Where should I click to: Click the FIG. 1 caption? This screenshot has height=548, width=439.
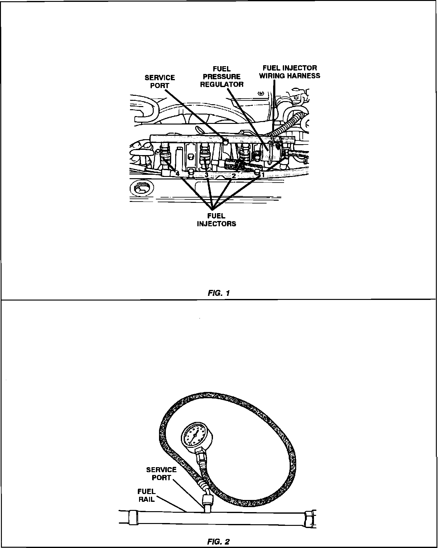click(x=219, y=293)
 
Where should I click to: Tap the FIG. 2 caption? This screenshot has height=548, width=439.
click(x=218, y=542)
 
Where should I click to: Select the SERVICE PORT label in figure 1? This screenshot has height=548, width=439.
click(x=160, y=81)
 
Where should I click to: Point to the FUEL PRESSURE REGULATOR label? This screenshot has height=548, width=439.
click(x=221, y=76)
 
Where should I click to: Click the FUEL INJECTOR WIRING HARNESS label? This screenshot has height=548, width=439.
click(x=289, y=72)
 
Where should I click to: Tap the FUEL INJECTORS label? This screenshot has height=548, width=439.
click(x=216, y=220)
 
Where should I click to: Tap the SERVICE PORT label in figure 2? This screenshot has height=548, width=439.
click(x=161, y=473)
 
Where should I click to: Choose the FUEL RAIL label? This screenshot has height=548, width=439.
click(x=146, y=495)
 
